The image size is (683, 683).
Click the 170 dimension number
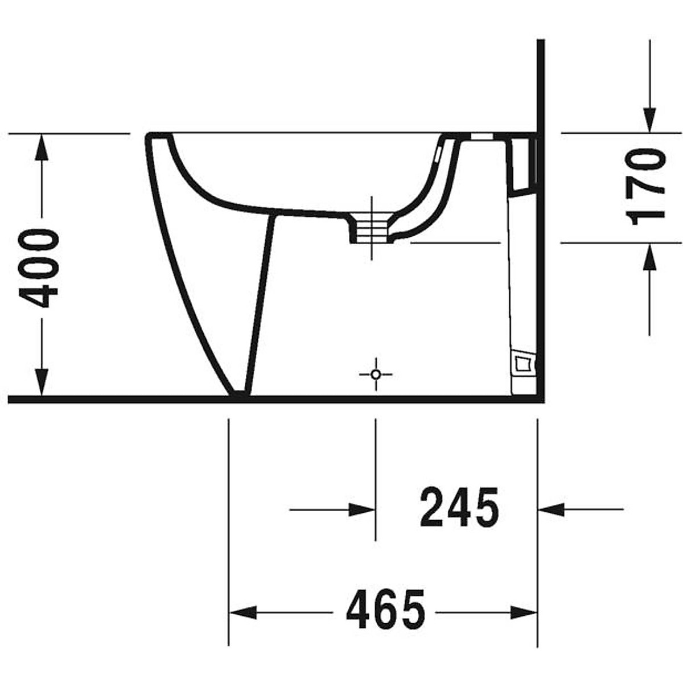tap(646, 186)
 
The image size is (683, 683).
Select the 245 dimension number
tap(459, 507)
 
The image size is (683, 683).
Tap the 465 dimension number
tap(385, 609)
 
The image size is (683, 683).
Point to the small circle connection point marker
tap(375, 374)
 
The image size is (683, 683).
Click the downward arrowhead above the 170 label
tap(649, 120)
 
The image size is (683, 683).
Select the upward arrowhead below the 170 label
tap(649, 256)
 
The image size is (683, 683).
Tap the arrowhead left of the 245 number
tap(362, 509)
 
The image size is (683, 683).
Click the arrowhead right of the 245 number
tap(551, 509)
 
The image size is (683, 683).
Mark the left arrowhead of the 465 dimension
tap(242, 612)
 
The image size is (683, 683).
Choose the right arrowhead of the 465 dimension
tap(524, 612)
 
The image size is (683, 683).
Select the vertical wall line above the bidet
tap(541, 85)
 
